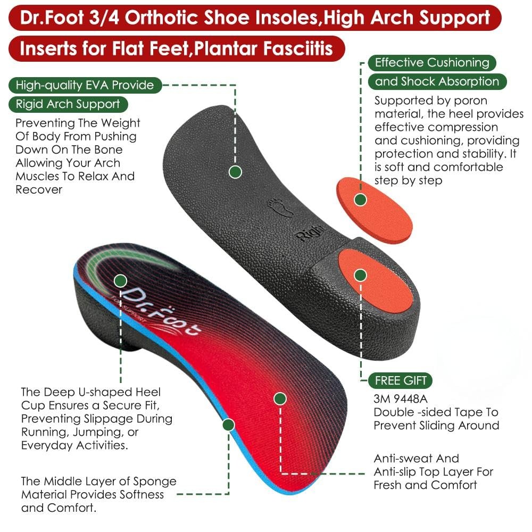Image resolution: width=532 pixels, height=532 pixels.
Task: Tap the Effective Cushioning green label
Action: pos(431,63)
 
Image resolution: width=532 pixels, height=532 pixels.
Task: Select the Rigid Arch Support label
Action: pos(68,104)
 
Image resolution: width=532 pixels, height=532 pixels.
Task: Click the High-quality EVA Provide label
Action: pos(85,85)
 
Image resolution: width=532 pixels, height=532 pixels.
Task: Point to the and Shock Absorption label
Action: pos(437,82)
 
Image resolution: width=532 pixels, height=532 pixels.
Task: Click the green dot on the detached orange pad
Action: pos(361,200)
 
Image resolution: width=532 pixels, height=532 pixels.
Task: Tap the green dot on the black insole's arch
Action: pos(235,172)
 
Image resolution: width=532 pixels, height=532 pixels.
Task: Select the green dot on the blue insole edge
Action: pos(229,425)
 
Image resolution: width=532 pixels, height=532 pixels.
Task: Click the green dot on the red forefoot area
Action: pos(280,398)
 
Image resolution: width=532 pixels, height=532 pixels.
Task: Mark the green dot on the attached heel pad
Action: pos(361,275)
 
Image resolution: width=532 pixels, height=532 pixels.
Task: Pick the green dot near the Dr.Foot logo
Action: pos(120,280)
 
